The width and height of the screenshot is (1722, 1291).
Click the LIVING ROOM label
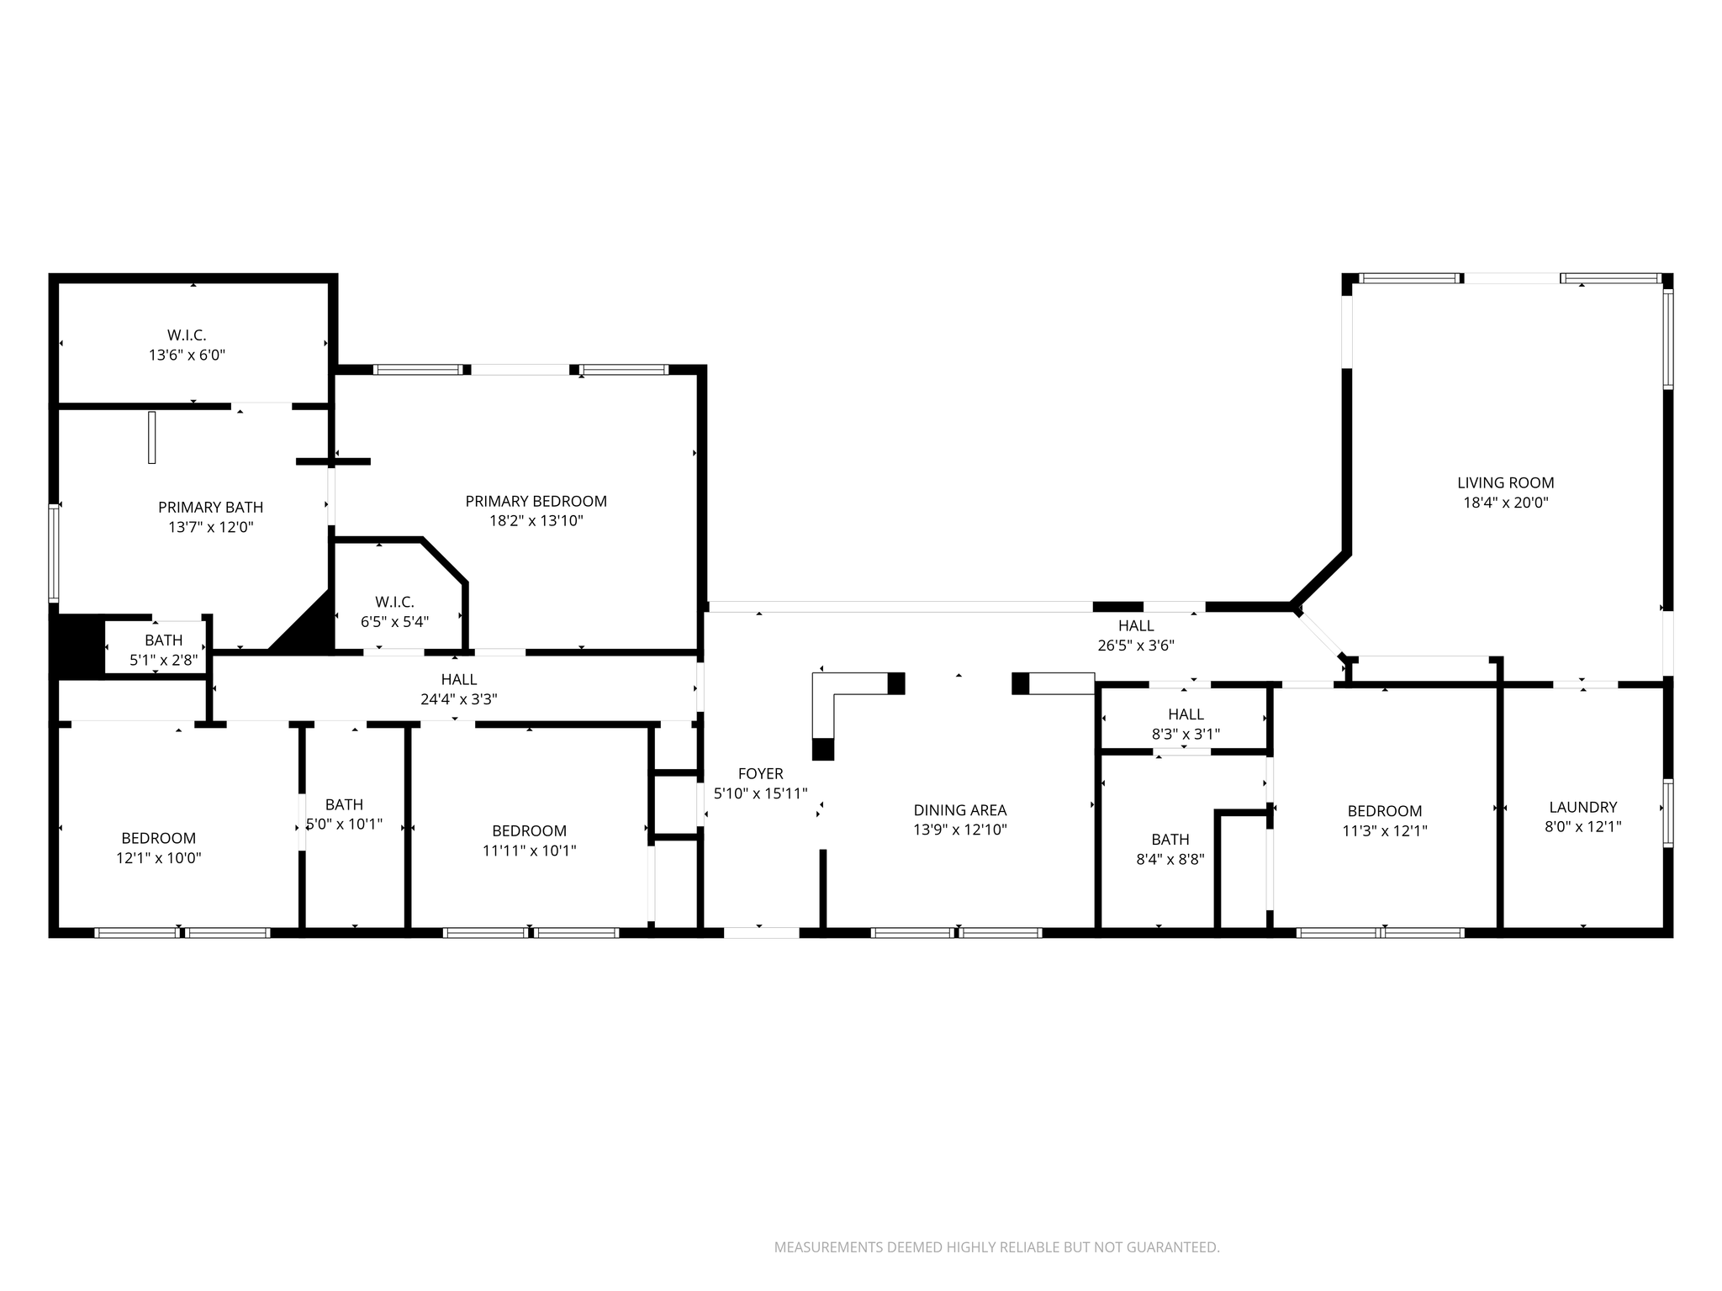pos(1505,483)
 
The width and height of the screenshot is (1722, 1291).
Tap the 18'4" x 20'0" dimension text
pos(1505,503)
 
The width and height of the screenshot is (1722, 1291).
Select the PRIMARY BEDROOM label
pos(536,502)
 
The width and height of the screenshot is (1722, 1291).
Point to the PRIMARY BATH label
pos(210,508)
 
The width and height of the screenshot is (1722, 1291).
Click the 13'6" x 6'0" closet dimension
pos(187,356)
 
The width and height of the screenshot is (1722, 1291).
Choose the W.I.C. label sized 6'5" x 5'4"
pos(394,603)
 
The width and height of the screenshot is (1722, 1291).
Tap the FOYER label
pos(760,774)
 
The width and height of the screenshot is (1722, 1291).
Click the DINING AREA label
pos(960,810)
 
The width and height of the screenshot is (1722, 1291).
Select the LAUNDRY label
pos(1583,808)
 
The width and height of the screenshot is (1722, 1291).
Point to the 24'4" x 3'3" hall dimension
pos(459,699)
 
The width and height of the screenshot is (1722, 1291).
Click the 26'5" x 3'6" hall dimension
pos(1136,645)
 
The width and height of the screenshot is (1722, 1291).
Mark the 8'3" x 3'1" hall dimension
pos(1186,734)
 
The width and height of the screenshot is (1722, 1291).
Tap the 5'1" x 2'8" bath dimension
pos(163,661)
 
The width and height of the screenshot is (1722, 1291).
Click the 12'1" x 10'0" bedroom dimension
pos(159,858)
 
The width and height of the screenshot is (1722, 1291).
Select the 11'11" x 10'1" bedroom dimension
pos(530,851)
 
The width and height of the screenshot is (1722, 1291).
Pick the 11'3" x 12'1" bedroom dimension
pos(1385,831)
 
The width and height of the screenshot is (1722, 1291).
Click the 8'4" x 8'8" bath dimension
pos(1170,860)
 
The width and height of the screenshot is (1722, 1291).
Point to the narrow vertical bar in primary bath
pos(152,437)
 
